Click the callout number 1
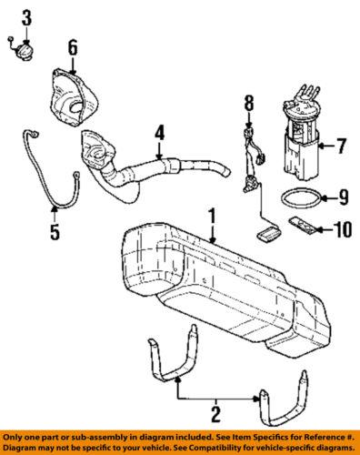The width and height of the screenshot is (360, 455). [x=211, y=218]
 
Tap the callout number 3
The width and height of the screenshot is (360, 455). [x=25, y=17]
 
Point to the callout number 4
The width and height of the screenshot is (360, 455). [x=159, y=134]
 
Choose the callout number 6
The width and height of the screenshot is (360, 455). [x=72, y=46]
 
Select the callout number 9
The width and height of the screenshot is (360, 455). [x=343, y=196]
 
